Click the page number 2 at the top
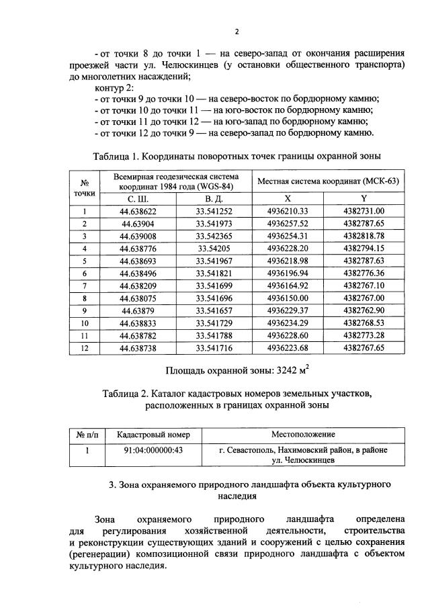[237, 32]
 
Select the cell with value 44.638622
[138, 212]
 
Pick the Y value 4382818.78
[364, 236]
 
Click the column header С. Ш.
[138, 200]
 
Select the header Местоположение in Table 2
[303, 435]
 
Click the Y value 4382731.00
[364, 212]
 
